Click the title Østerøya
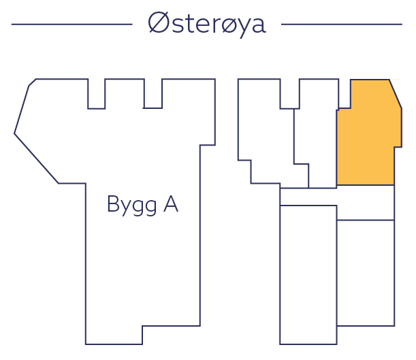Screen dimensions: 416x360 click(x=207, y=24)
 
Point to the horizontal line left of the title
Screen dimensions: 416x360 click(x=71, y=24)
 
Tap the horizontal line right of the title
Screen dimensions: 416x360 click(x=341, y=24)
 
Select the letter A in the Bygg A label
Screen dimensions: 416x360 click(x=170, y=203)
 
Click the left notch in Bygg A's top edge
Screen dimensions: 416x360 click(x=97, y=95)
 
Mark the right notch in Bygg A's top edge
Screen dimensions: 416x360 click(x=153, y=95)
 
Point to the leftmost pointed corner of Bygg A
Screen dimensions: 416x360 click(x=15, y=133)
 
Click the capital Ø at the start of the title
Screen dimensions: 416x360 click(x=159, y=24)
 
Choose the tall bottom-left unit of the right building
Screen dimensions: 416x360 click(x=308, y=272)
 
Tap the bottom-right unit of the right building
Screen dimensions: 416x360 click(x=366, y=272)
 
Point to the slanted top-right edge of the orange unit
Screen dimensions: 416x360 click(x=395, y=94)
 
